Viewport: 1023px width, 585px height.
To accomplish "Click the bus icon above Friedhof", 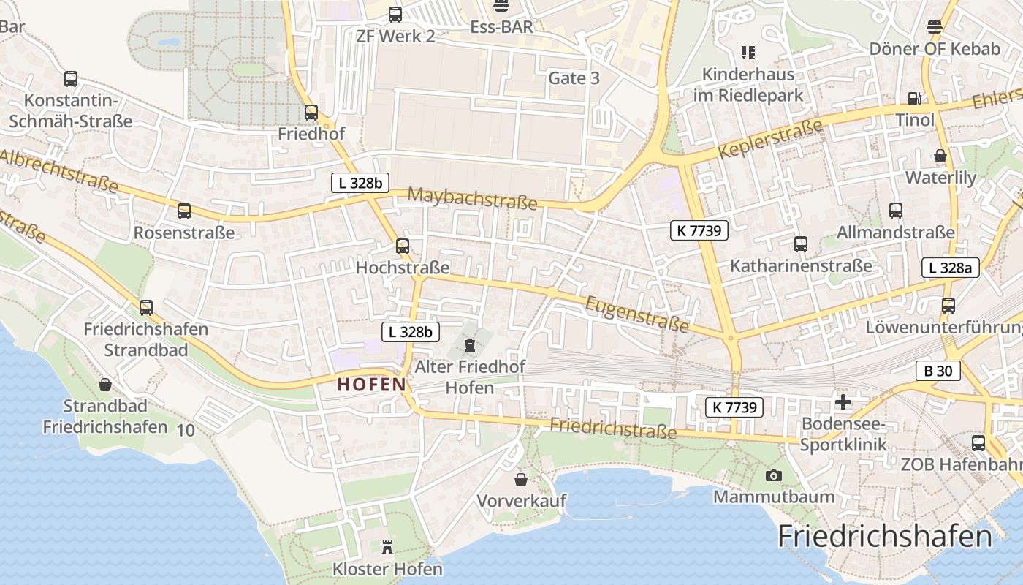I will click(x=311, y=113).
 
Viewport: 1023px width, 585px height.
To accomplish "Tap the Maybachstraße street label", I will click(x=472, y=198).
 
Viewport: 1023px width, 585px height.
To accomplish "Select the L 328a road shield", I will click(x=949, y=268).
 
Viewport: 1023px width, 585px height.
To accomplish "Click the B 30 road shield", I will click(x=938, y=371).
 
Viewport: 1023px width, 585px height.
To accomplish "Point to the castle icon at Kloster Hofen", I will click(x=387, y=547).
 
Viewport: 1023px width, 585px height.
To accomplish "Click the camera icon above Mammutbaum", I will click(x=773, y=476).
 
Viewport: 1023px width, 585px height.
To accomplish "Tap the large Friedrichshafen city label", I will click(x=885, y=537).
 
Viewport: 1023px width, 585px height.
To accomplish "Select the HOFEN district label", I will click(x=371, y=385).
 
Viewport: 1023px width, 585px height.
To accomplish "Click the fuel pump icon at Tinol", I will click(x=914, y=99).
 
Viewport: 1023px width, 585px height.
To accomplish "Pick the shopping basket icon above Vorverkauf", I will click(x=521, y=480).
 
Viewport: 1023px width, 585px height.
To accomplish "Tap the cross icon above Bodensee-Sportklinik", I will click(x=843, y=401).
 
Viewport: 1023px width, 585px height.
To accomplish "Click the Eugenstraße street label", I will click(x=637, y=313).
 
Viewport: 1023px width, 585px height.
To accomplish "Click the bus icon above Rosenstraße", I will click(x=184, y=211).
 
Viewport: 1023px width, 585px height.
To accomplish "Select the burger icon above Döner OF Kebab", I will click(x=934, y=27).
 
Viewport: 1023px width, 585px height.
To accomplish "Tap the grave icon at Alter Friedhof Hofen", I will click(x=469, y=344).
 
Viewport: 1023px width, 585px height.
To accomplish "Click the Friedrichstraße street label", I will click(x=613, y=429).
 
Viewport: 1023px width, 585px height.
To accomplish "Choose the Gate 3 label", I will click(x=574, y=78).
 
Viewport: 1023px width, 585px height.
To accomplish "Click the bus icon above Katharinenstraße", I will click(x=801, y=244).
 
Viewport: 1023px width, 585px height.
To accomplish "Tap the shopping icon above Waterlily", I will click(x=940, y=156).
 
